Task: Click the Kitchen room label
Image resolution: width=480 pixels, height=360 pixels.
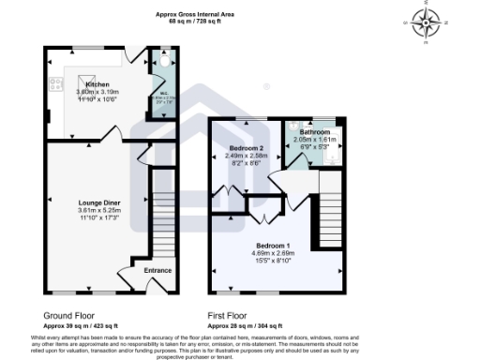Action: [x=97, y=84]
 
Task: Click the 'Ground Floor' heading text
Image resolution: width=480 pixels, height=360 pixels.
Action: [x=68, y=316]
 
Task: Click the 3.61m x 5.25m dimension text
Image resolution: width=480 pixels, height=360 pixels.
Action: [x=97, y=210]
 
